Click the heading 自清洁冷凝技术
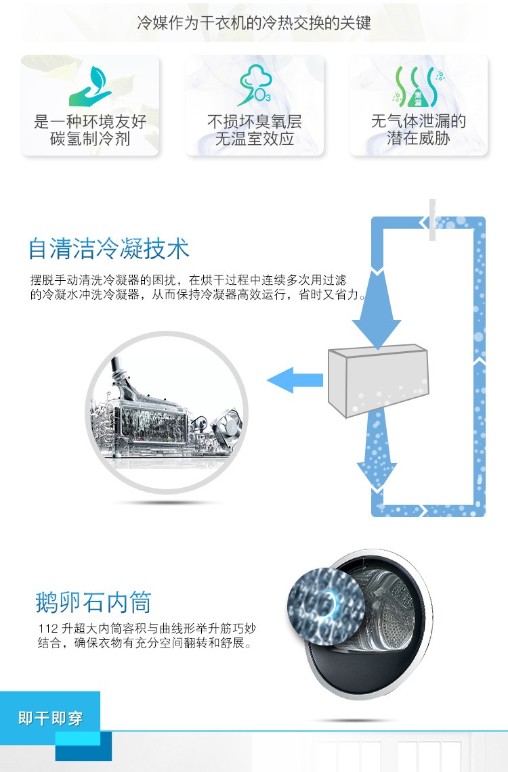[108, 249]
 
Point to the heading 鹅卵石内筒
[93, 601]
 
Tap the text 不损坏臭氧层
[254, 122]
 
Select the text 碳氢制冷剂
[90, 139]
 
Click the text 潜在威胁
[418, 139]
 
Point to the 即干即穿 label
[51, 718]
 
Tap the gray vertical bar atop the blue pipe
[432, 220]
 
